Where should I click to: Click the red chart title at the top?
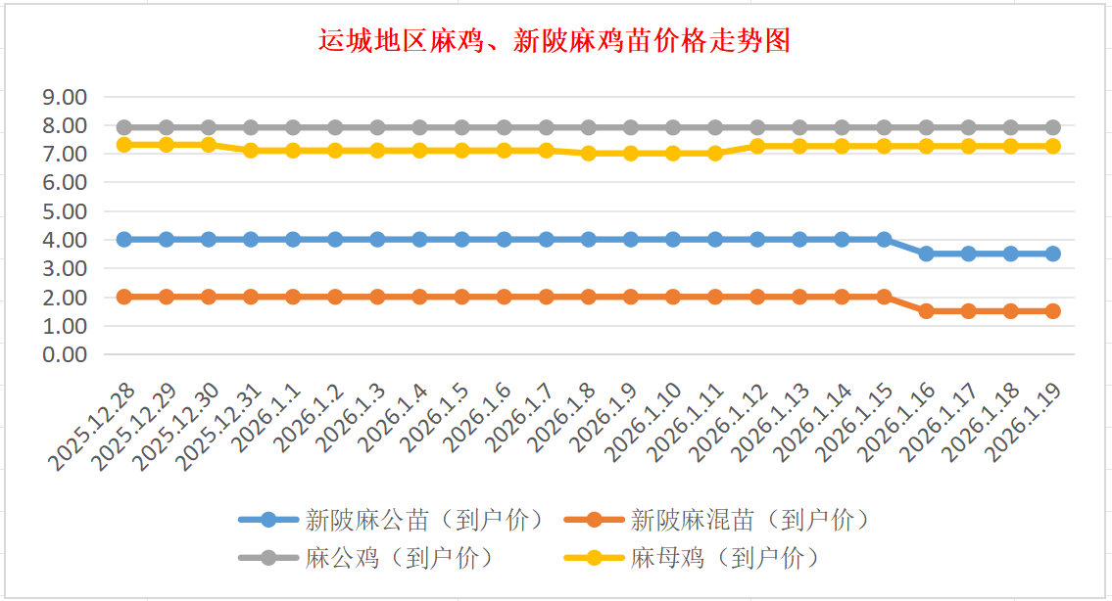pos(555,41)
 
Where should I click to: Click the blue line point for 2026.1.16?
pos(926,254)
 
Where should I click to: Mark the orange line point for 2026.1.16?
pos(926,311)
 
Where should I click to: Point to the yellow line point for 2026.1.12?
pos(757,146)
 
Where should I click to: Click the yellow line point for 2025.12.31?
pos(251,151)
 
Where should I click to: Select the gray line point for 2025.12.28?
pos(124,127)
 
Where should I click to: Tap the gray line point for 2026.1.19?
pos(1052,127)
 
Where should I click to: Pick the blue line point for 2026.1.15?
pos(884,240)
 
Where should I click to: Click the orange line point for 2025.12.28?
pos(124,297)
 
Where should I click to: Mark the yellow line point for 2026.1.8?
pos(589,154)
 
